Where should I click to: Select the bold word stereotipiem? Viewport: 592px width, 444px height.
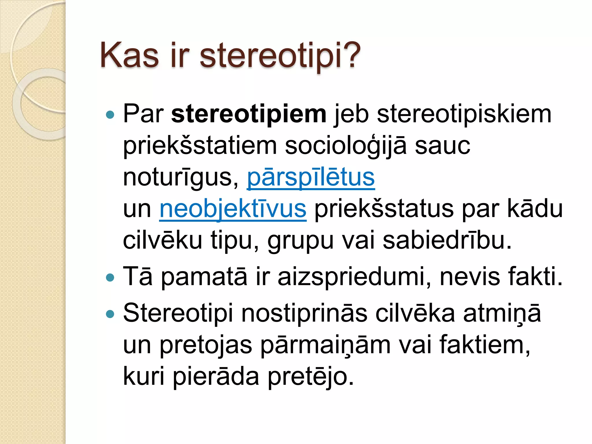[x=249, y=114]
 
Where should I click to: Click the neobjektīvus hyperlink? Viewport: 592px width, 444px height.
[x=233, y=209]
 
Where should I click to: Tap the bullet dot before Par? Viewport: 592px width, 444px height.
[x=110, y=115]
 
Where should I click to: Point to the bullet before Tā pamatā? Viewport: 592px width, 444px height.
[x=110, y=278]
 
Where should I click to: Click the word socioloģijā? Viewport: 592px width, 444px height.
[x=346, y=146]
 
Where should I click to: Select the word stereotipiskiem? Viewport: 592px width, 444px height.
[x=464, y=114]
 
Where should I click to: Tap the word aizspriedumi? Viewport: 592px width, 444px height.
[x=354, y=277]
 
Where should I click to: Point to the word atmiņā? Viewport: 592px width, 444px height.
[x=502, y=314]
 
